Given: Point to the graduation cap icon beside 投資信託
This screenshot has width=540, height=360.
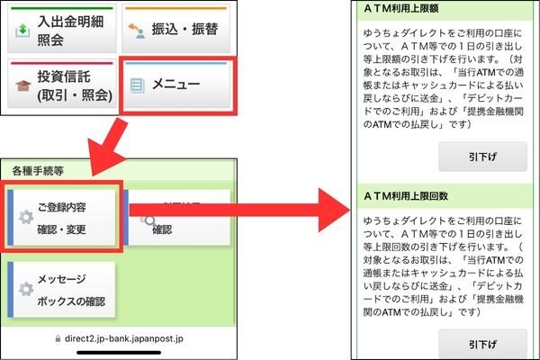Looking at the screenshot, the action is click(x=23, y=87).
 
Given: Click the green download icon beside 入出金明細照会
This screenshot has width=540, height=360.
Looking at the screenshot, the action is click(x=23, y=30).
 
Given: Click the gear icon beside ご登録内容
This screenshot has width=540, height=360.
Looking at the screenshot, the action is click(x=26, y=218).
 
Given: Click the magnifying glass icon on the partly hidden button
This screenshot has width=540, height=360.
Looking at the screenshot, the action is click(x=150, y=218).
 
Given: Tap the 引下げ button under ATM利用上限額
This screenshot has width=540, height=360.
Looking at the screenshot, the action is click(x=481, y=155).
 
